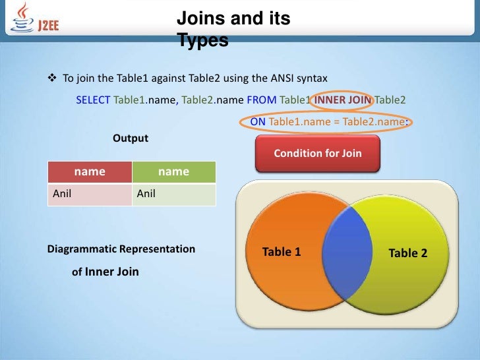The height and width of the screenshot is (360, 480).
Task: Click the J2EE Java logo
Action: tap(33, 18)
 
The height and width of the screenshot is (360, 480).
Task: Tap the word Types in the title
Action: tap(202, 41)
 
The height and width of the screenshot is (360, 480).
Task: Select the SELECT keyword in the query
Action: tap(93, 100)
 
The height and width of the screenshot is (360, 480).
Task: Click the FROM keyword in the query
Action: tap(262, 100)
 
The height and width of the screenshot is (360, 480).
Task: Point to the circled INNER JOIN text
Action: tap(343, 100)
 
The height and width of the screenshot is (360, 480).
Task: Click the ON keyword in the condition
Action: tap(258, 122)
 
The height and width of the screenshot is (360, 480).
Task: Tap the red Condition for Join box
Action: tap(317, 153)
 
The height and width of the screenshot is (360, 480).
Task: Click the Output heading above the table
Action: tap(131, 138)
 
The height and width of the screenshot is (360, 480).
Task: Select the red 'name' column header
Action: tap(90, 171)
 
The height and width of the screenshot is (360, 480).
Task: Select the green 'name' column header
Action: tap(174, 171)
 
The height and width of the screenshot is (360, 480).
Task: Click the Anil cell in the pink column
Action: tap(62, 194)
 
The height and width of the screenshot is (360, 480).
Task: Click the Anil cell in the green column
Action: tap(146, 194)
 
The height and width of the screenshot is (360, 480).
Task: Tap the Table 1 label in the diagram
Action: tap(282, 252)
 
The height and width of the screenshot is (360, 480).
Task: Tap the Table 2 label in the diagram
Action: tap(408, 253)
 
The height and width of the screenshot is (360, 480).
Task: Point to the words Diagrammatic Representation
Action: tap(121, 249)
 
